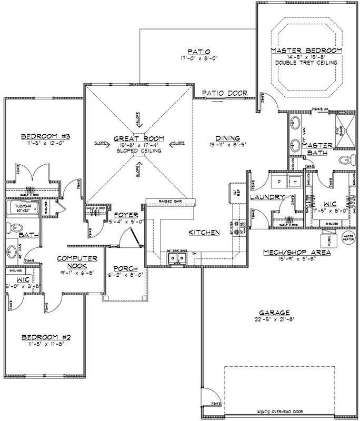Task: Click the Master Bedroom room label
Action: tap(306, 51)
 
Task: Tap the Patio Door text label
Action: tap(225, 93)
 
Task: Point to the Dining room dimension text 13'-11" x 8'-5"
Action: tap(225, 144)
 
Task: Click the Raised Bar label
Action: tap(170, 201)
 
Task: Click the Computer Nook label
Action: tap(78, 262)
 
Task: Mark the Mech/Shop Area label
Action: tap(297, 252)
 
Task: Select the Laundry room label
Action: tap(267, 197)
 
